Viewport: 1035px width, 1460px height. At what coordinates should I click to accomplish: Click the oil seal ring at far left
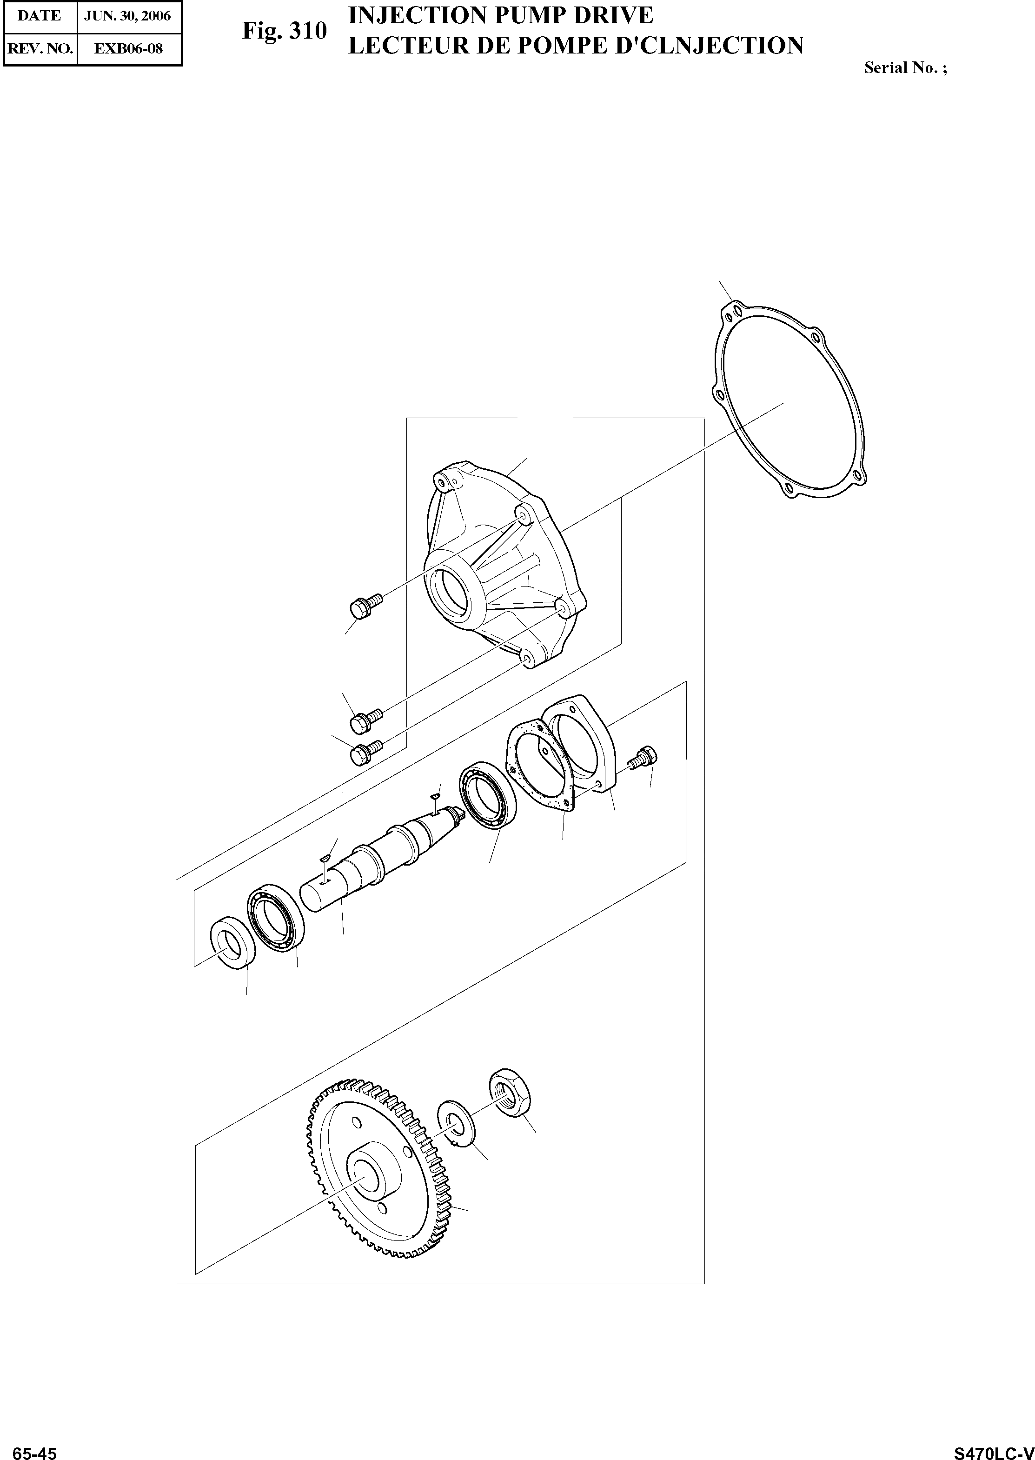pos(232,944)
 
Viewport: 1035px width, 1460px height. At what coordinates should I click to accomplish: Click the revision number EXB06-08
pos(129,48)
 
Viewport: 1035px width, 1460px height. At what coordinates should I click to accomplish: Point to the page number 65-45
pos(35,1450)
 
